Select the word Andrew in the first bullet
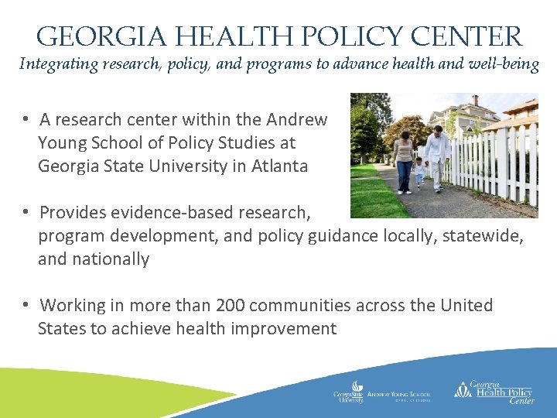tap(296, 120)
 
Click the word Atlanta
tap(279, 166)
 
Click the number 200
tap(234, 305)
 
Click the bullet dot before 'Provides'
tap(26, 212)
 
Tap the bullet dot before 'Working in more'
tap(26, 305)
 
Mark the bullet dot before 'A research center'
tap(26, 120)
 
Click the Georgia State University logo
tap(349, 392)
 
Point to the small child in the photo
tap(419, 171)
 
